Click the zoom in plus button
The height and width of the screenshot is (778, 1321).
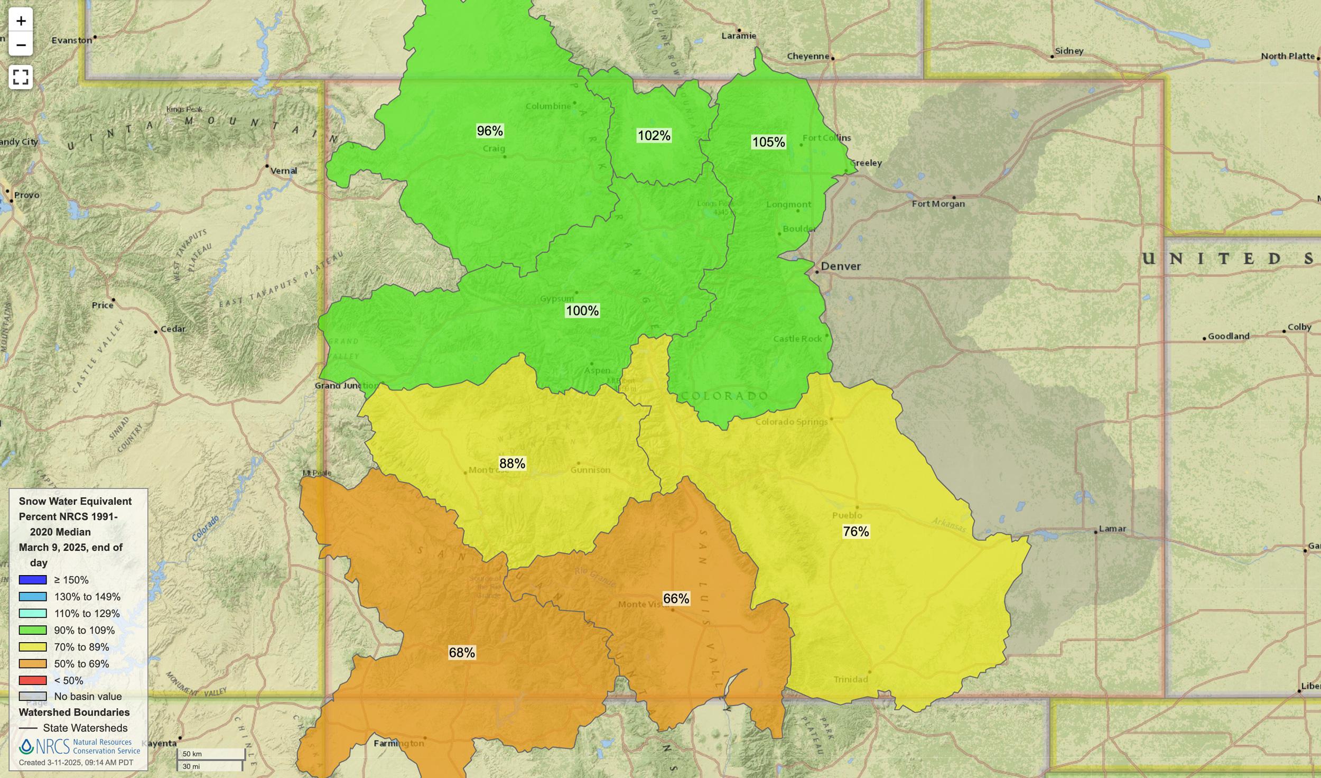(21, 21)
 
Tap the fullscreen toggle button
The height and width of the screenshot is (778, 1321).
(21, 77)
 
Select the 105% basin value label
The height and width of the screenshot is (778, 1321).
(768, 142)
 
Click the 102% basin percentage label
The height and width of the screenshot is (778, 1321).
(654, 136)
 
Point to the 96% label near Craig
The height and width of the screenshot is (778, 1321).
(490, 131)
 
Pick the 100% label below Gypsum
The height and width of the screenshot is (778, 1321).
(582, 311)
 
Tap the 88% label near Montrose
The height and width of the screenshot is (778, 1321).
(512, 464)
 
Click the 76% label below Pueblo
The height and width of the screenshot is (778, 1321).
(855, 532)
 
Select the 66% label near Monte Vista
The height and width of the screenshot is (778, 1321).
(676, 599)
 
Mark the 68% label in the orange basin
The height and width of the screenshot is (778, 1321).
(462, 653)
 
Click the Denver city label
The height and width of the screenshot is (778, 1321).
(840, 266)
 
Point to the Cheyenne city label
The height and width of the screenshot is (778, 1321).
(808, 56)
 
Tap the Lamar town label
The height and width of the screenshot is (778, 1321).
(1112, 529)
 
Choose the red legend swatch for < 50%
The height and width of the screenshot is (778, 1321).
(33, 680)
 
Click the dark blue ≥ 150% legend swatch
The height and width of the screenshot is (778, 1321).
(33, 580)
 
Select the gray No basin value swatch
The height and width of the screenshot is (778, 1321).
(33, 697)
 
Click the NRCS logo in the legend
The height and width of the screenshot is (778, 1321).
(79, 746)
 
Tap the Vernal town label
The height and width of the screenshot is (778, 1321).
(284, 171)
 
